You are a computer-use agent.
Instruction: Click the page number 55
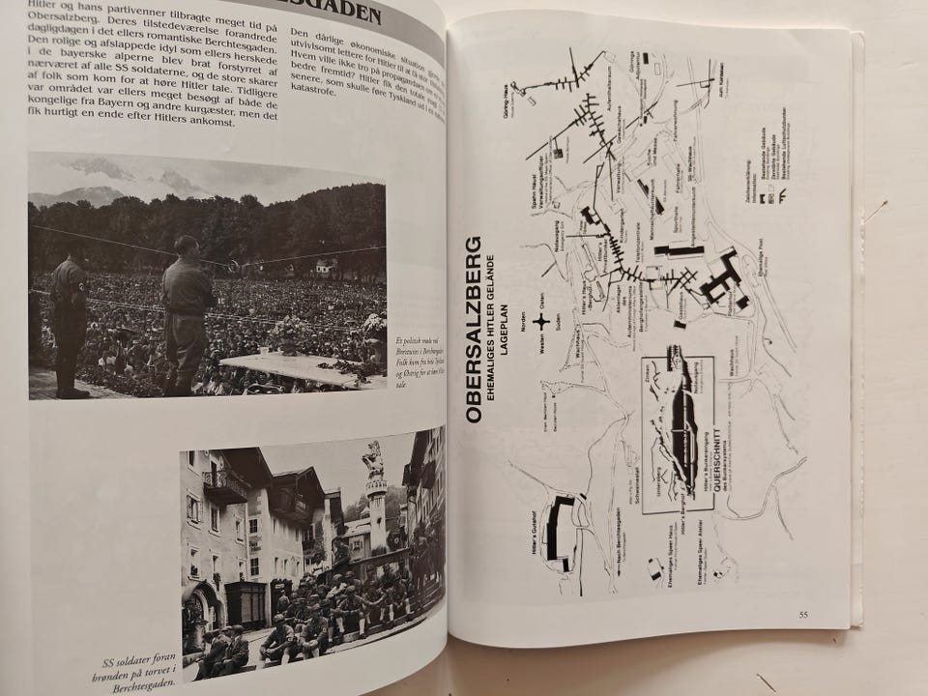click(803, 614)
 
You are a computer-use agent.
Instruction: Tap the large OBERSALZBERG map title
click(474, 329)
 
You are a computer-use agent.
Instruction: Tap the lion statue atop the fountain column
click(372, 459)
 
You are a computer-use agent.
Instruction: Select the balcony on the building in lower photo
click(223, 482)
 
